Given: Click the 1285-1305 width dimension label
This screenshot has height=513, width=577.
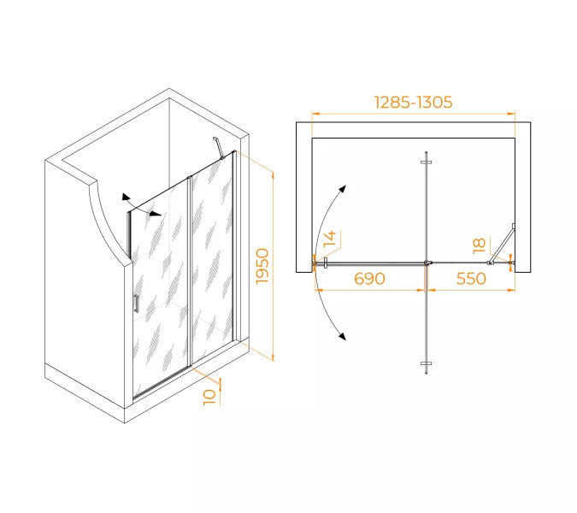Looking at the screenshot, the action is point(413,103).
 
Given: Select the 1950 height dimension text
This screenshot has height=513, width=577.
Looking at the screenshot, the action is point(262,266).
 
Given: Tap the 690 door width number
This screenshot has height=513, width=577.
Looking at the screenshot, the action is point(369,279).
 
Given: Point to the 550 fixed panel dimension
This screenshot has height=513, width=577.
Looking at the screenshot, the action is point(471,279).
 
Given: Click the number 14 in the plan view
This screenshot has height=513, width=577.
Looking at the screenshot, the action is point(330,239).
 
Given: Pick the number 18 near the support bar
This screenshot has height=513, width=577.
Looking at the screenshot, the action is point(479,246).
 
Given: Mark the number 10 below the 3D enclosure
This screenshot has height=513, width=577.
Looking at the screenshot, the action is point(209,398).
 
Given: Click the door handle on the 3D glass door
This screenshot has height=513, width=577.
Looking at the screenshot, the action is point(137,304).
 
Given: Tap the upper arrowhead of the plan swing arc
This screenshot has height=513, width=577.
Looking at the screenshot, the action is point(343,189).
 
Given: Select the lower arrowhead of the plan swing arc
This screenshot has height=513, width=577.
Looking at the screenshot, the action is point(343,336).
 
